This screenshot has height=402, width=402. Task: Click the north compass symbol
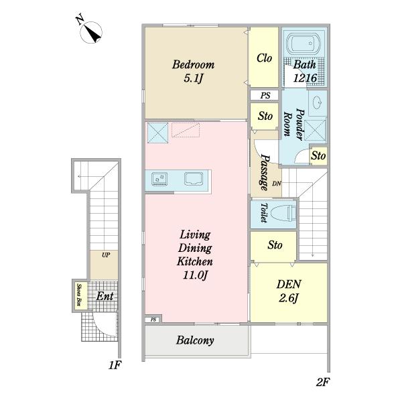pos(91,32)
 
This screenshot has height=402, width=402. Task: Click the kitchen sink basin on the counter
pos(194,179)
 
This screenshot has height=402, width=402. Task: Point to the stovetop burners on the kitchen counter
pos(159,178)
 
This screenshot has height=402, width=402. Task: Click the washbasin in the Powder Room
pos(318,103)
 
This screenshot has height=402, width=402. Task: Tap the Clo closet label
pos(264,58)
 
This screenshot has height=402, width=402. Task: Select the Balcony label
pos(195,340)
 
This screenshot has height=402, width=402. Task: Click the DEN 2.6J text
pos(289,291)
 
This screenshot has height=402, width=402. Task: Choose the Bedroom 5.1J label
pos(193,71)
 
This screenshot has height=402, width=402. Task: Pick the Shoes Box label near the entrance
pos(79,295)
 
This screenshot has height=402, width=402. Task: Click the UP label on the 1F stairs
pos(106,255)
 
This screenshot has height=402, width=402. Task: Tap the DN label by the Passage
pos(277,184)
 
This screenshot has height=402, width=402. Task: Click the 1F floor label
pos(115,365)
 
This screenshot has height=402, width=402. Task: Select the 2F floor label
pos(322,383)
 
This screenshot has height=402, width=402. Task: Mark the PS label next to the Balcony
pos(153,320)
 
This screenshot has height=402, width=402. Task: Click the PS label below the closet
pos(265,96)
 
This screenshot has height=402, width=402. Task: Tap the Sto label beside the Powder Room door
pos(318,155)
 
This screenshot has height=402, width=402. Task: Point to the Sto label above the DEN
pos(275,245)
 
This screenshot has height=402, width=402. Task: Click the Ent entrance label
pos(105,296)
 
